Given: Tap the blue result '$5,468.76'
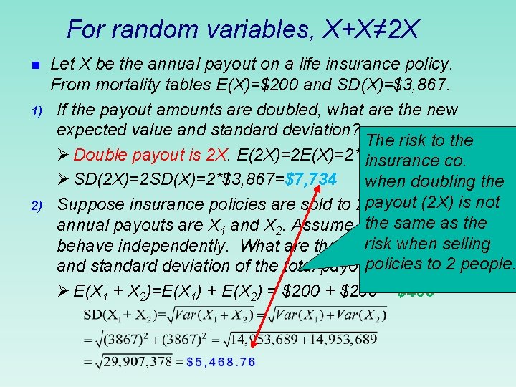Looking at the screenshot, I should tap(220, 362).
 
